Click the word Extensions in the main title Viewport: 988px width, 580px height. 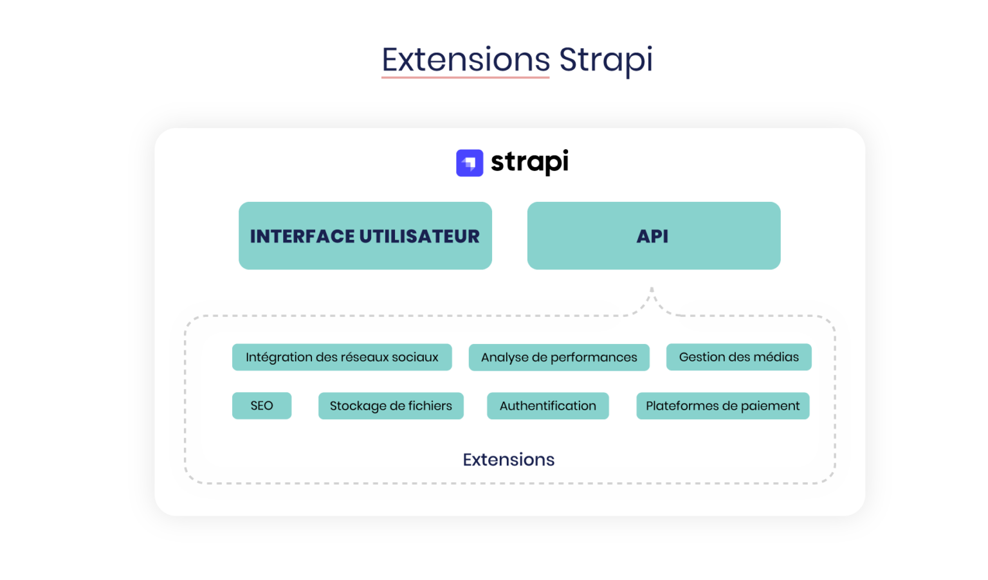coord(466,60)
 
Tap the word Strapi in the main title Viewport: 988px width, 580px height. coord(605,60)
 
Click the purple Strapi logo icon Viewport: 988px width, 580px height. coord(470,163)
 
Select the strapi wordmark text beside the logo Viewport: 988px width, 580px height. coord(529,162)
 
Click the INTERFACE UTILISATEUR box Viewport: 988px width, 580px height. coord(365,236)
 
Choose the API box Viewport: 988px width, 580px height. coord(654,236)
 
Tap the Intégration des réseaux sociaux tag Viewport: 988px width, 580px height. coord(342,357)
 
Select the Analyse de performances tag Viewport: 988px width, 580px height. coord(559,358)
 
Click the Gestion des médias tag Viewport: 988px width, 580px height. coord(738,357)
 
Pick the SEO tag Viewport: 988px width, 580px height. coord(262,406)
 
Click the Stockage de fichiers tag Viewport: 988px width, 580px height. coord(390,406)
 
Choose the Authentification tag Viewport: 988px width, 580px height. coord(547,406)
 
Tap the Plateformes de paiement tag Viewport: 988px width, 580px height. coord(722,406)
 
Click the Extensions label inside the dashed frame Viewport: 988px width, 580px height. coord(508,460)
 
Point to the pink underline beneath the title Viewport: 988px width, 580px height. coord(465,77)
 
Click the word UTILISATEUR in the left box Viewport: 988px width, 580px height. coord(419,237)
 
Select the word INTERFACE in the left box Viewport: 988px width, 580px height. coord(302,237)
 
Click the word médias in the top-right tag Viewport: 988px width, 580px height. coord(776,357)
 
